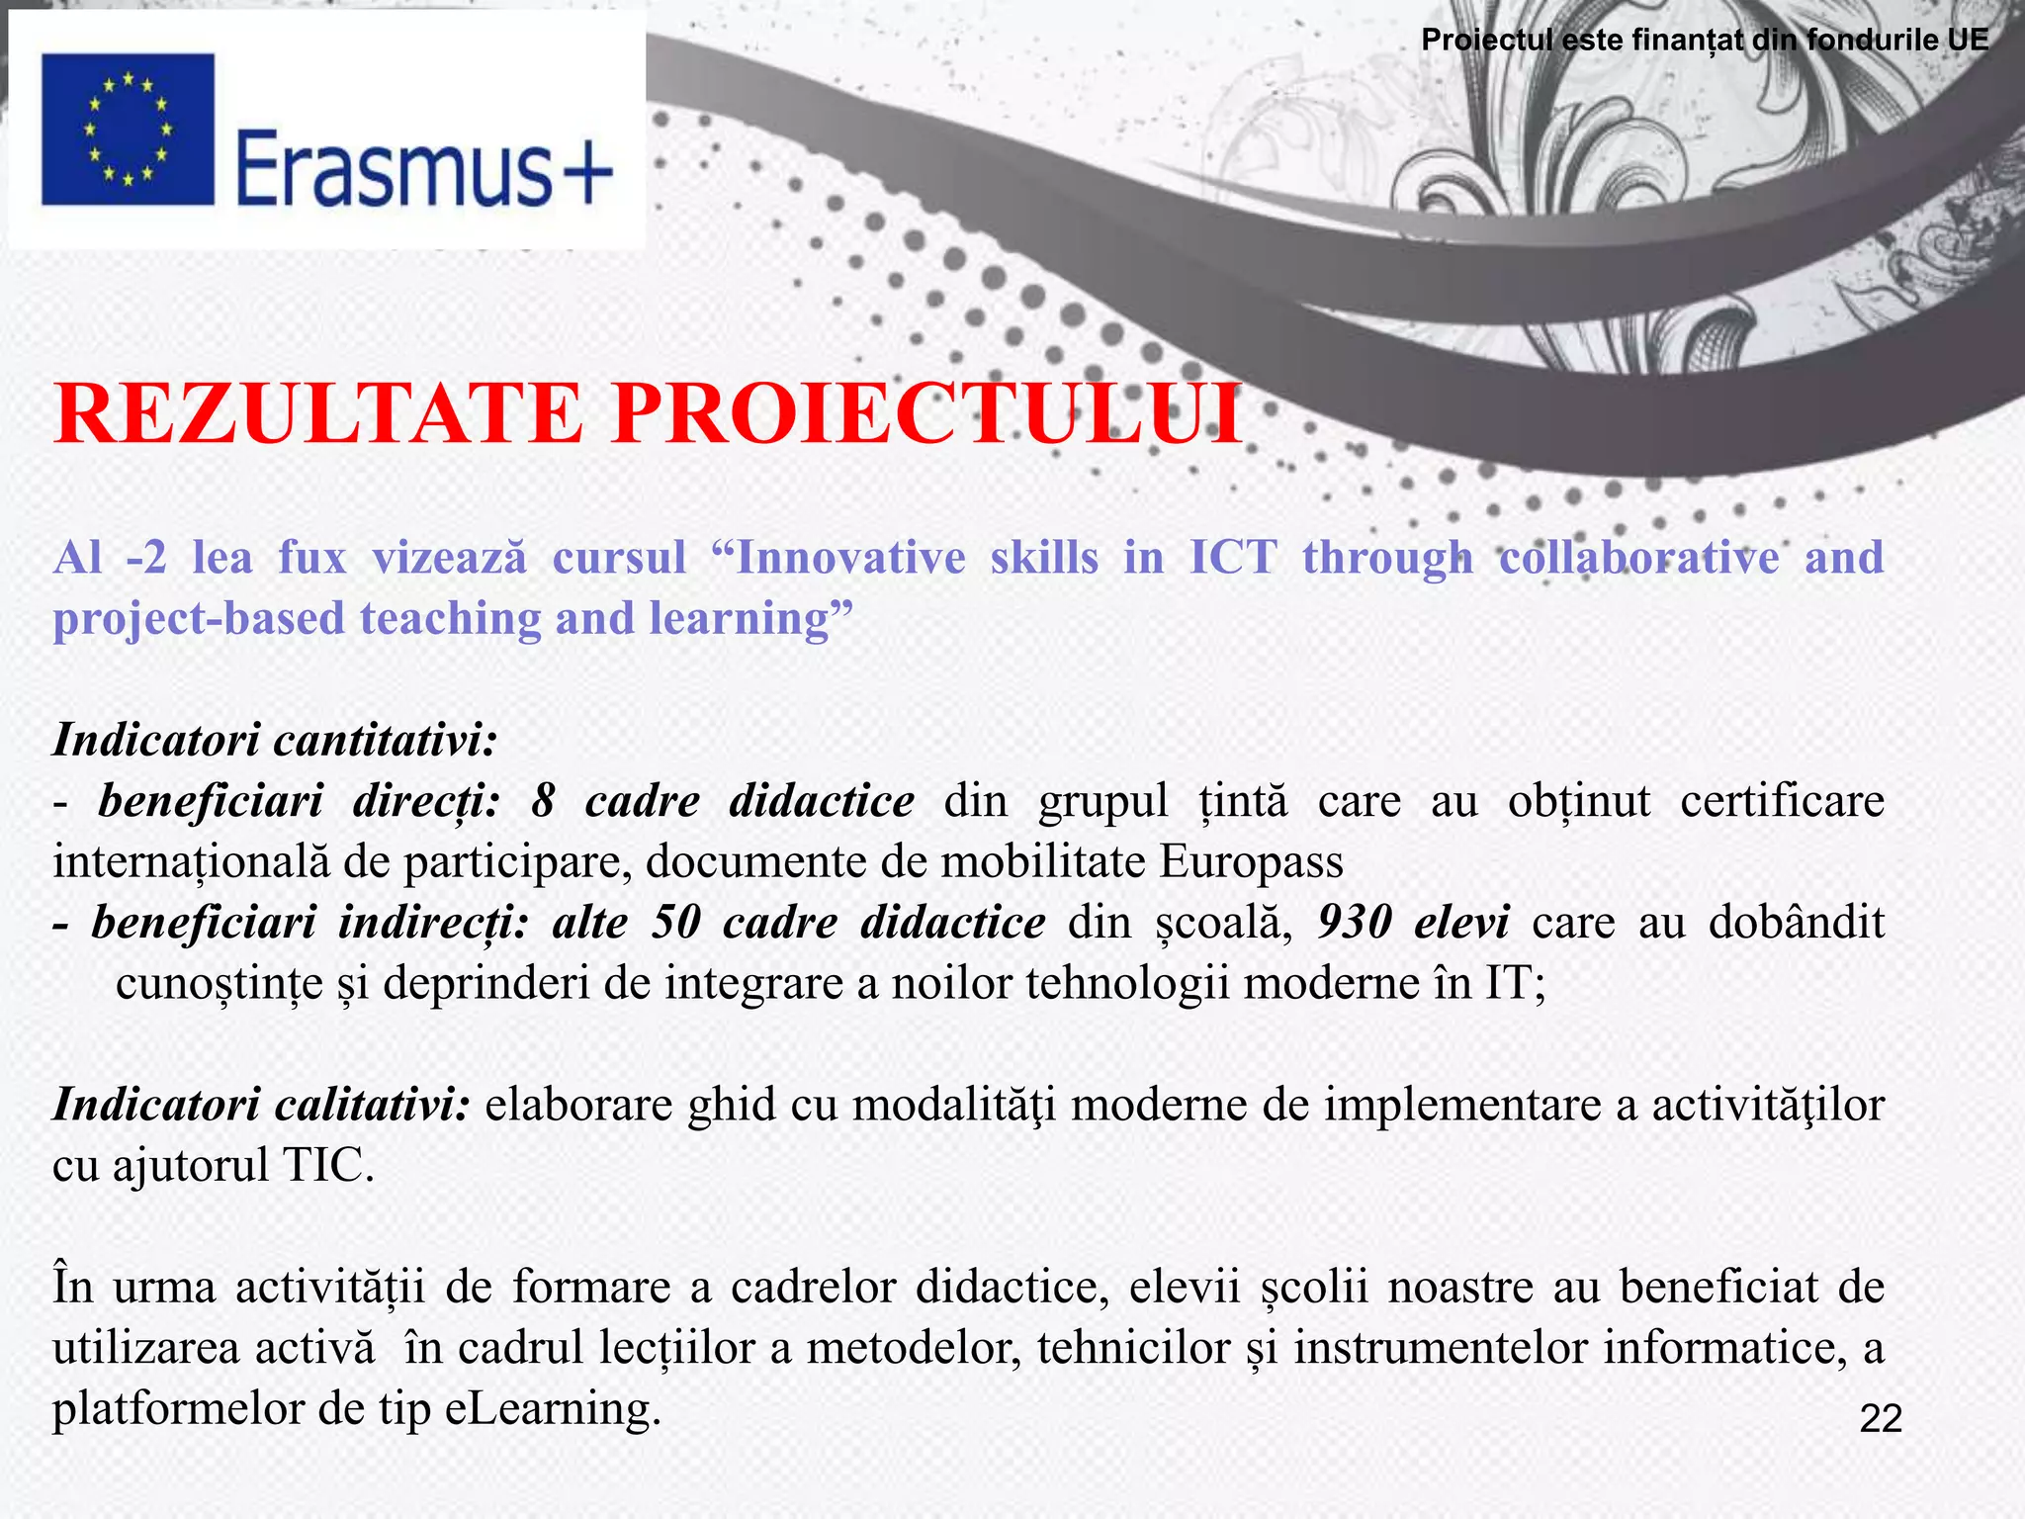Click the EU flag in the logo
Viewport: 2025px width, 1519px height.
pyautogui.click(x=128, y=129)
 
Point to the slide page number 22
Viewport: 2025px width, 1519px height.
pyautogui.click(x=1881, y=1418)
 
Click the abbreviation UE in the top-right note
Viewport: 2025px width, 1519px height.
pyautogui.click(x=1968, y=40)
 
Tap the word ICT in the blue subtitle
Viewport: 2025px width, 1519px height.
pyautogui.click(x=1232, y=558)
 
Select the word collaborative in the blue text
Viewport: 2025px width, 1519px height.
pyautogui.click(x=1638, y=558)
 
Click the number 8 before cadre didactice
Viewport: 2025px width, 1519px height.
pyautogui.click(x=542, y=801)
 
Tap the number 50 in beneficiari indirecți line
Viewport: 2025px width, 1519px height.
pyautogui.click(x=676, y=923)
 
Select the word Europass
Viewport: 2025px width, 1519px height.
pyautogui.click(x=1251, y=862)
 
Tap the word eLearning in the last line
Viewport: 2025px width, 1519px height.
pyautogui.click(x=552, y=1409)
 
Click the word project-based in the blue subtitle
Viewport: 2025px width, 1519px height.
pyautogui.click(x=199, y=619)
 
